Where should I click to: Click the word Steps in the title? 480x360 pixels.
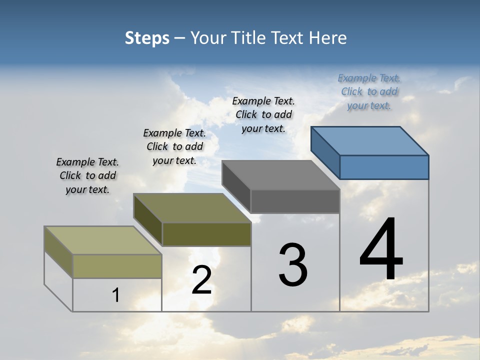click(147, 38)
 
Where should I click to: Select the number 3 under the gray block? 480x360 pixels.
click(293, 265)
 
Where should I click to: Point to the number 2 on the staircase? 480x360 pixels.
click(202, 280)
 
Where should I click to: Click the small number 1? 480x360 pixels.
click(116, 295)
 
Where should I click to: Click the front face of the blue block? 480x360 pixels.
click(384, 167)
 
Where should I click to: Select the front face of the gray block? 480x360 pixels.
click(295, 201)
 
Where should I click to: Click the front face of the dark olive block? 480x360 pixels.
click(206, 234)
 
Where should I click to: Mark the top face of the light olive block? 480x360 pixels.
click(103, 240)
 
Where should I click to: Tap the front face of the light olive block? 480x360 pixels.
click(117, 266)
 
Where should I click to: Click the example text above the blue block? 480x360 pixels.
click(369, 91)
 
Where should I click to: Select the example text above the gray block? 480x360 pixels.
click(263, 114)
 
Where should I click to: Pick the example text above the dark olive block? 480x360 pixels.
click(174, 146)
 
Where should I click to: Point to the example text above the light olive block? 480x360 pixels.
click(87, 175)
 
